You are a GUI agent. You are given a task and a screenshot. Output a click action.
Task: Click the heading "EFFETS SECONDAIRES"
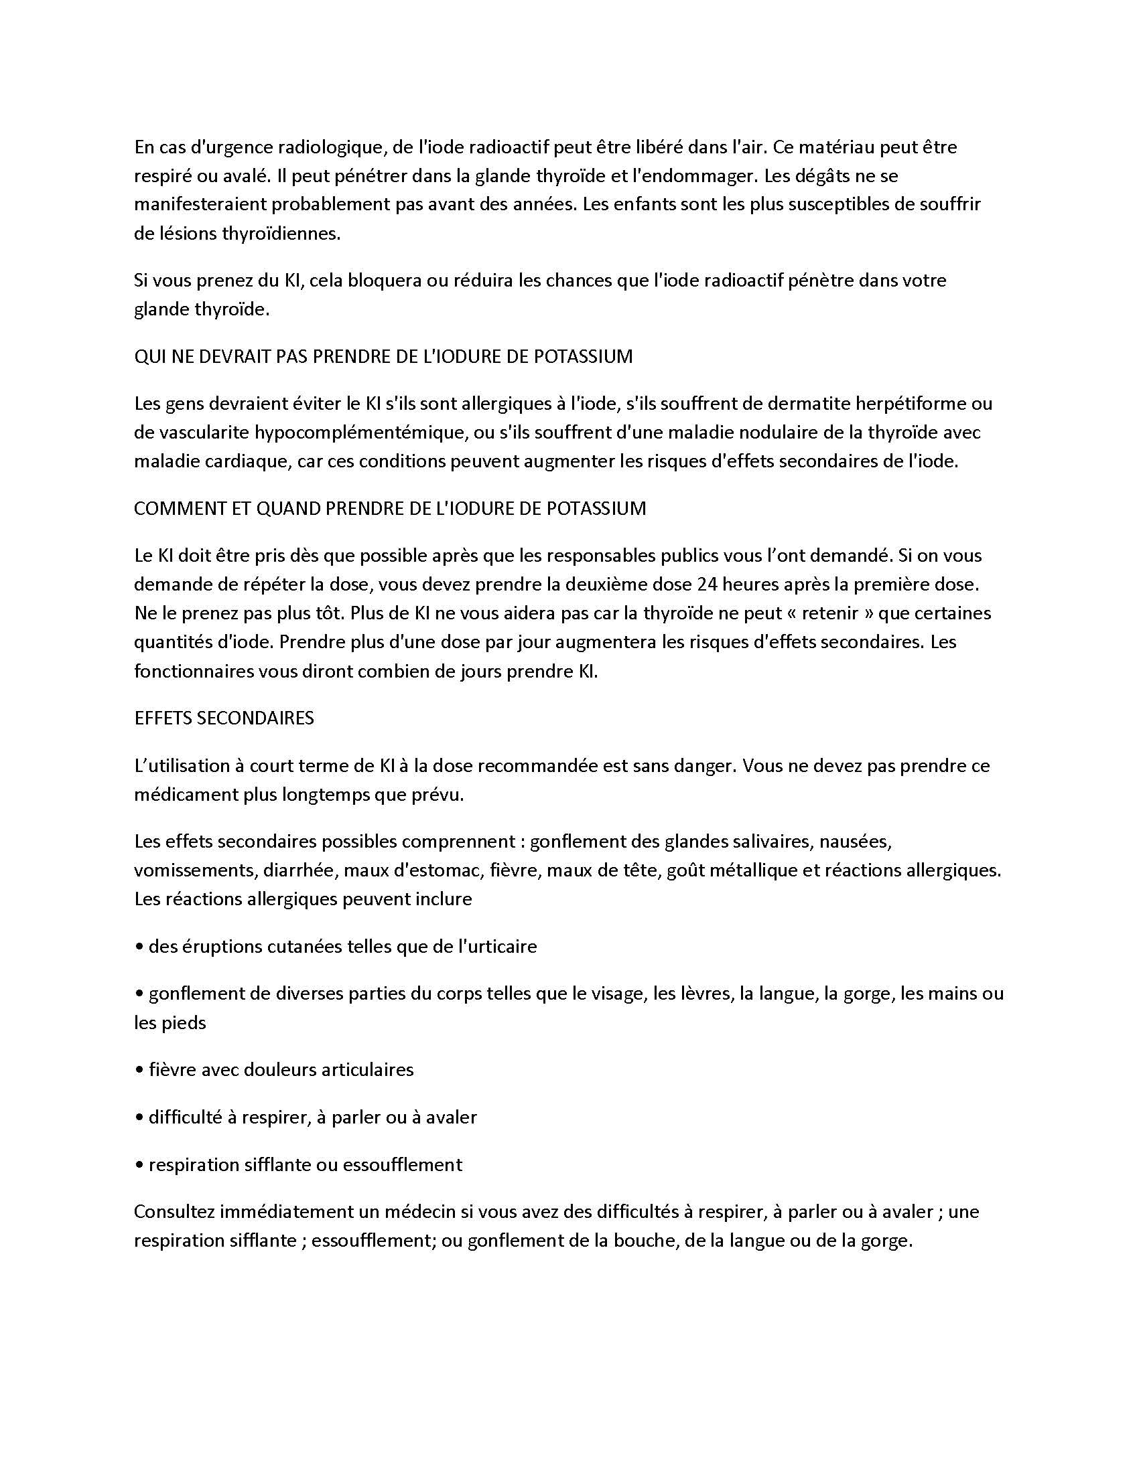[x=224, y=718]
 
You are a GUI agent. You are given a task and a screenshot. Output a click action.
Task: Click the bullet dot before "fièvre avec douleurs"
[x=139, y=1071]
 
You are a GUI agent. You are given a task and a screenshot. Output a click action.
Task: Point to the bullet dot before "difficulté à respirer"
[x=139, y=1117]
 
